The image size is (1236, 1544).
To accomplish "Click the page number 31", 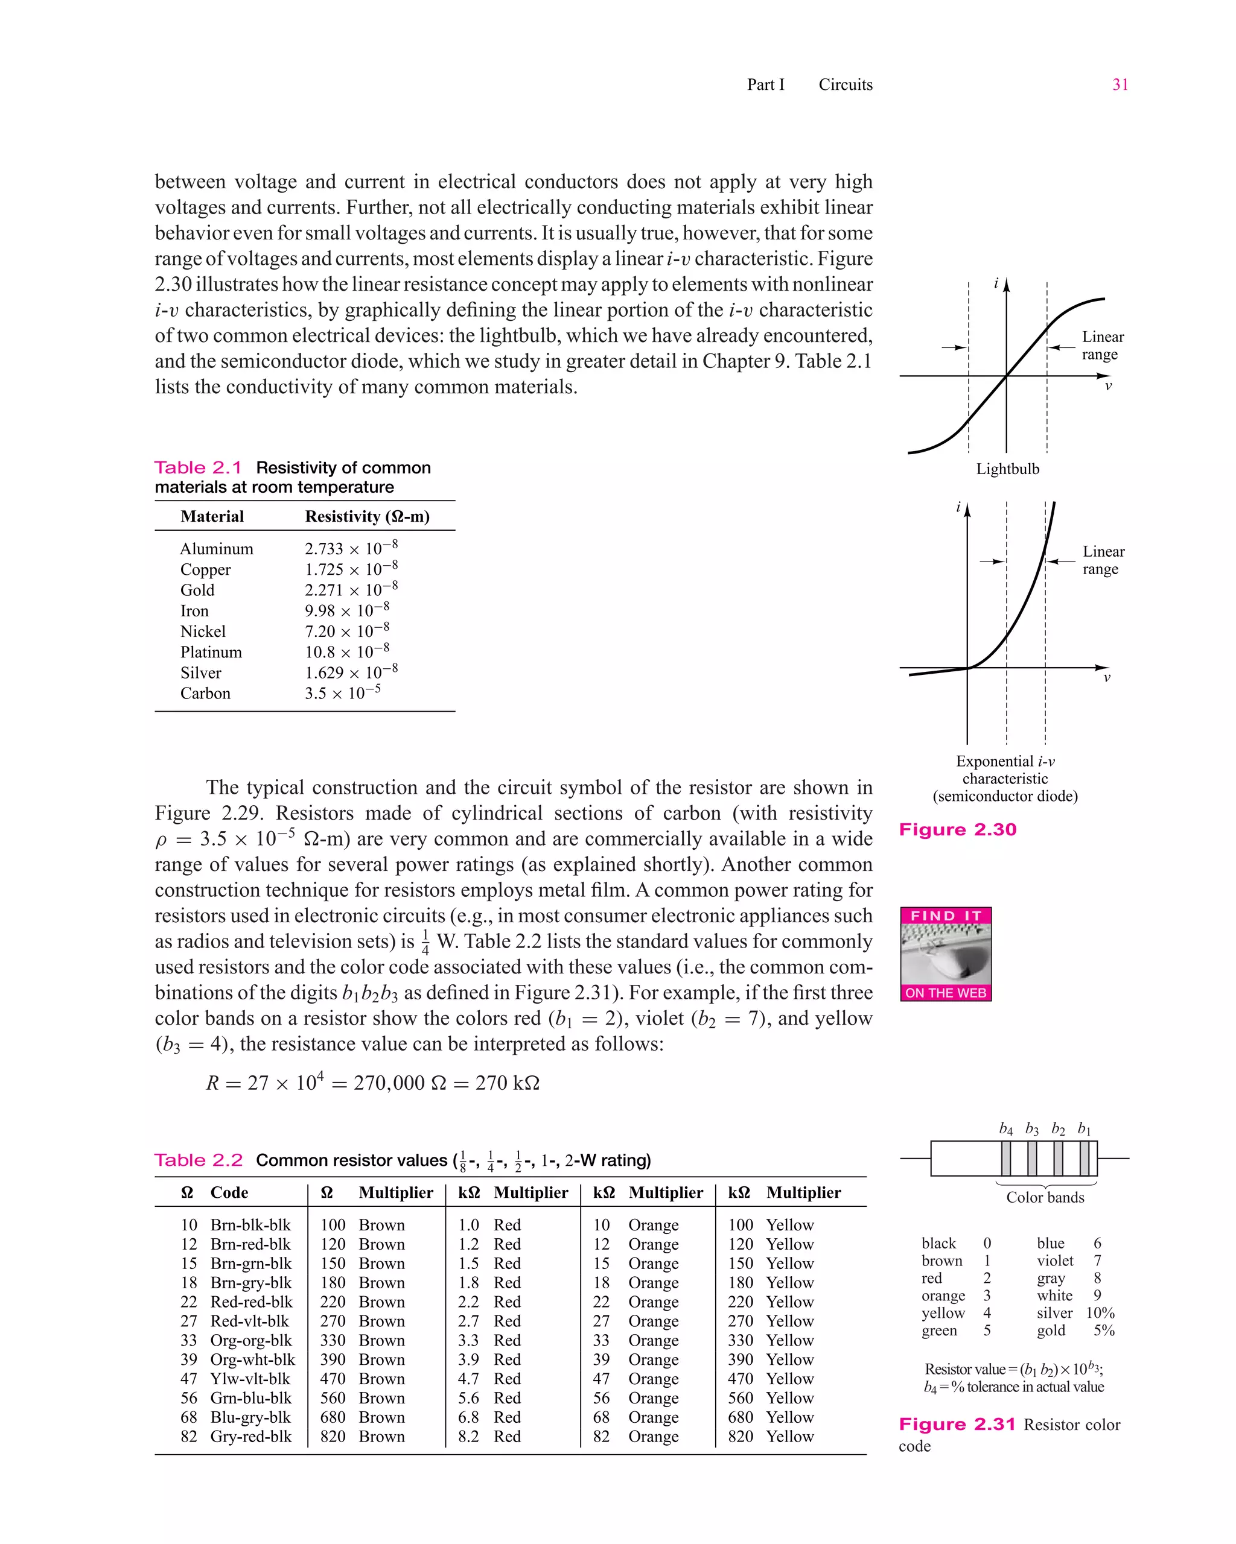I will point(1120,84).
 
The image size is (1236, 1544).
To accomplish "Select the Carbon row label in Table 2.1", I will point(205,693).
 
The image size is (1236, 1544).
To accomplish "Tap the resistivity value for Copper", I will point(351,569).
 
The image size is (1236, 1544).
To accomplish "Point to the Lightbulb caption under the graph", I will point(1007,469).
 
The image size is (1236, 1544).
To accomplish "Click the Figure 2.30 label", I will point(957,829).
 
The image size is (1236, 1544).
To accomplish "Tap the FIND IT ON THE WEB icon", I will point(946,954).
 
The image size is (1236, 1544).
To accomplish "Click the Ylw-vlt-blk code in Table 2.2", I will point(250,1379).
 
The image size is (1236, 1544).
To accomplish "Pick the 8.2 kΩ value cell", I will point(468,1437).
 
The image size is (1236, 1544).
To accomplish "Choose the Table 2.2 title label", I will point(199,1160).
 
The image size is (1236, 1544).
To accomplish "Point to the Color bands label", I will point(1045,1197).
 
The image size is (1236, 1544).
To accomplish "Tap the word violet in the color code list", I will point(1055,1261).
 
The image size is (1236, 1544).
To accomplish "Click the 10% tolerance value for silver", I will point(1100,1312).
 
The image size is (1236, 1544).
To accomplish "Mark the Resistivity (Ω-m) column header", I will point(367,516).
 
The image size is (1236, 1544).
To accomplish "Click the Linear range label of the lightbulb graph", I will point(1102,345).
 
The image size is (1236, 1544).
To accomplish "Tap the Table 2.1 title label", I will point(199,467).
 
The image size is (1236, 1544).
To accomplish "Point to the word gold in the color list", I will point(1051,1330).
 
